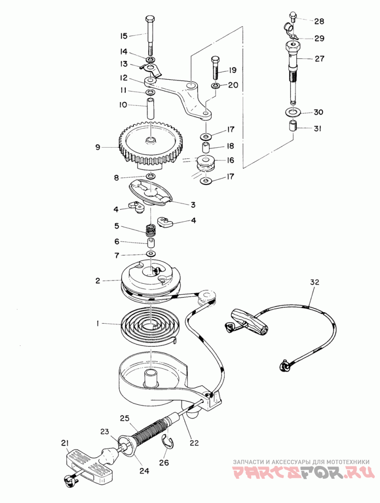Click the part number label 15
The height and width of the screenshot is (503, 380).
click(123, 36)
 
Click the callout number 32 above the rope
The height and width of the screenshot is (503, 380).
click(315, 282)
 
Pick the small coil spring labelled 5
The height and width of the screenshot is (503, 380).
click(151, 231)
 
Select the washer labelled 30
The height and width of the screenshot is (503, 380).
click(292, 112)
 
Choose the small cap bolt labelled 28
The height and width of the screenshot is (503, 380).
click(292, 19)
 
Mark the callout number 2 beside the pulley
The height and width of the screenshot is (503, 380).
click(97, 280)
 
